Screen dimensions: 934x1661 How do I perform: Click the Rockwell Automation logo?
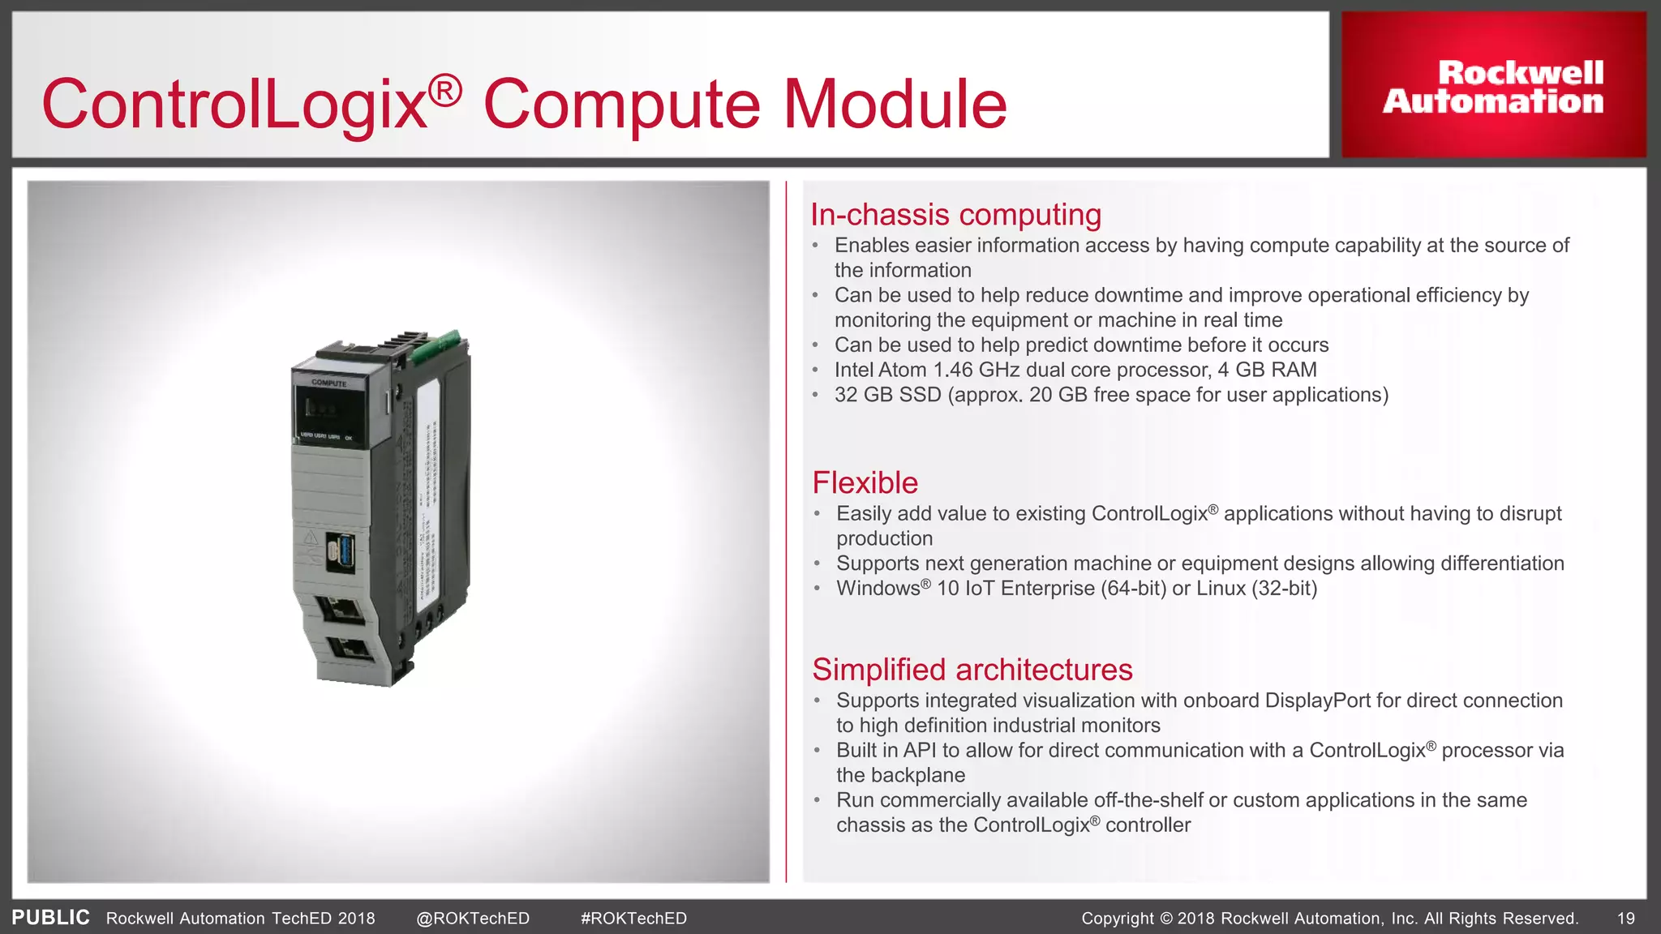1493,86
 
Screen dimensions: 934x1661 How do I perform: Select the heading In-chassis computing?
955,215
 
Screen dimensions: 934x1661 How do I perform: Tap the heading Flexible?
865,483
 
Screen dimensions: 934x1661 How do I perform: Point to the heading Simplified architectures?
972,670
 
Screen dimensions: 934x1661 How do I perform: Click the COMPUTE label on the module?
328,383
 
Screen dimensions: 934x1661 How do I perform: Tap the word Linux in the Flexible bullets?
1221,589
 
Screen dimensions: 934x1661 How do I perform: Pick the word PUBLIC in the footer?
50,918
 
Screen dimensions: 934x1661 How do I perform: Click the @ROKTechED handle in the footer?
472,919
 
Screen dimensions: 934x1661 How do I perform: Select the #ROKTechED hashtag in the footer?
633,919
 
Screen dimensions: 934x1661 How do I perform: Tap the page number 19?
1625,919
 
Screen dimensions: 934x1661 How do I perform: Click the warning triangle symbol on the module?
310,538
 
